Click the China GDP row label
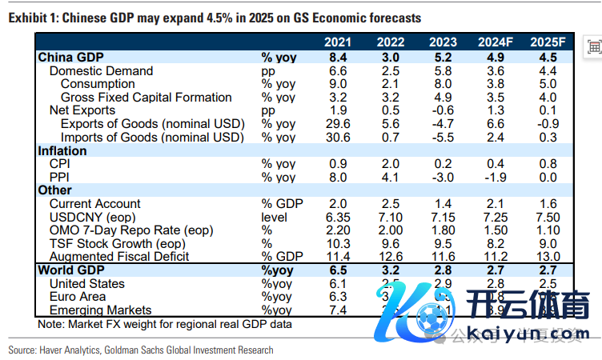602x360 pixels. coord(72,58)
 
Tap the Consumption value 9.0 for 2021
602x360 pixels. coord(337,84)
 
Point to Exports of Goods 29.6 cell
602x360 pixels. coord(337,124)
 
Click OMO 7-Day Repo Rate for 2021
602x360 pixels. coord(337,230)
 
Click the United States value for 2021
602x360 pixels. coord(337,284)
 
